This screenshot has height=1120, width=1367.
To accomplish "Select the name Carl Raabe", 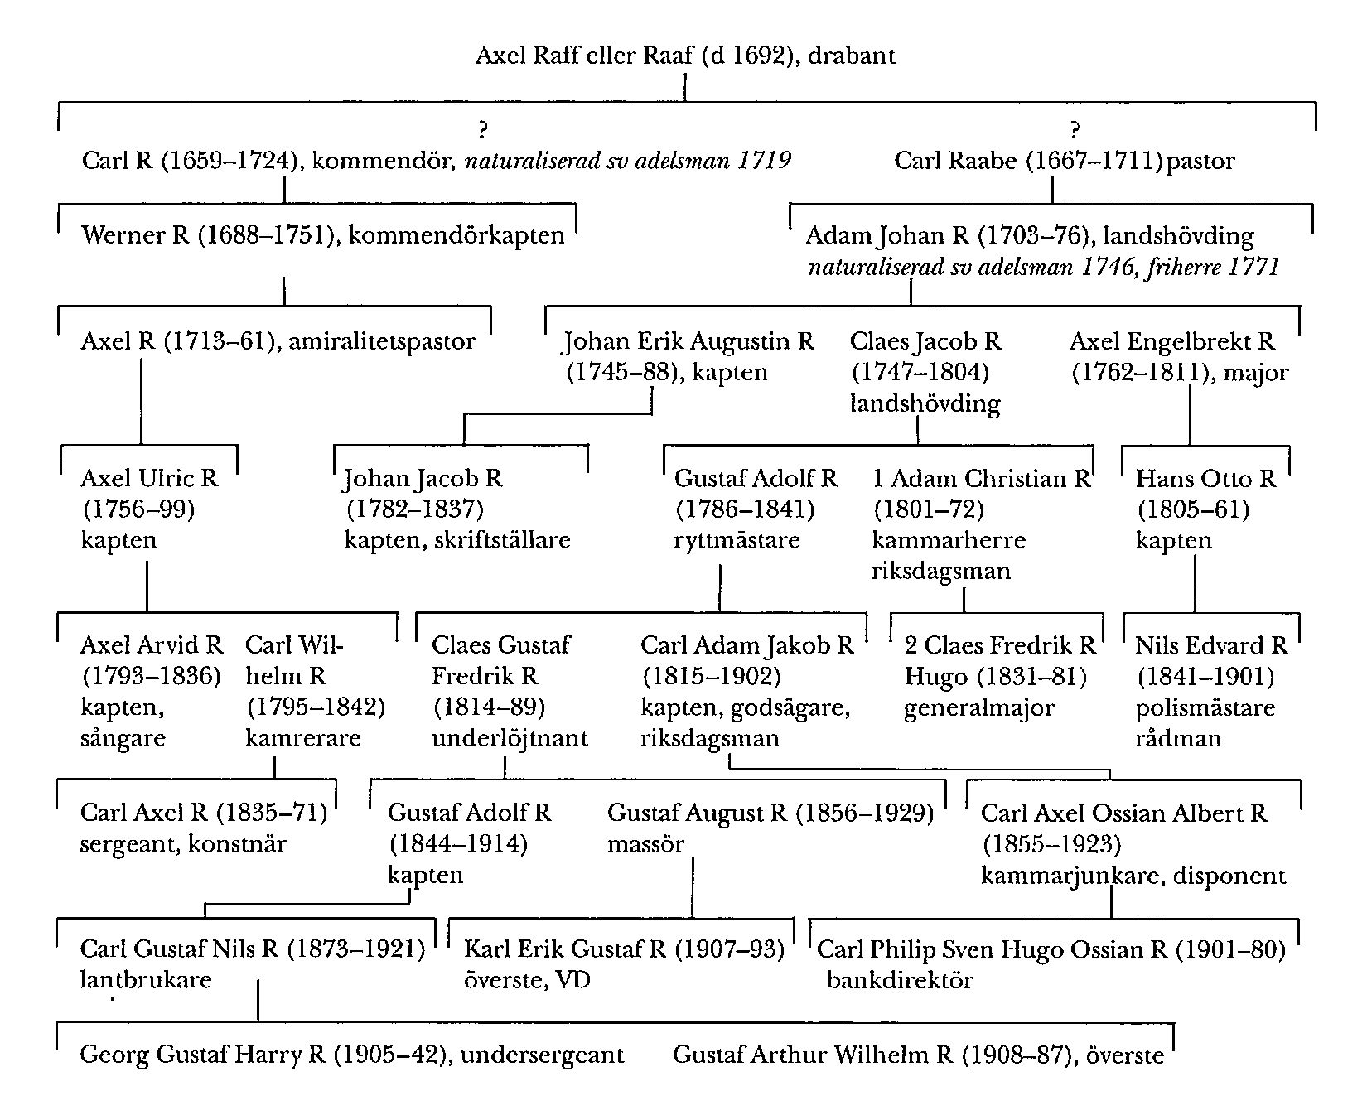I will (x=955, y=161).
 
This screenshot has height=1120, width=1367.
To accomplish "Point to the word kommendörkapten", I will (x=456, y=235).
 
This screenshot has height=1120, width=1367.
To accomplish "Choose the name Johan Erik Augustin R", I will (x=688, y=341).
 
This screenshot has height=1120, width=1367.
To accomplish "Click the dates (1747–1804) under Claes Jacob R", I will (x=920, y=373).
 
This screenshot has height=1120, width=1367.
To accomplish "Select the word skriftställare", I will (x=502, y=540).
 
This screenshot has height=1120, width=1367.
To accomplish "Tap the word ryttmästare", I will (x=737, y=540).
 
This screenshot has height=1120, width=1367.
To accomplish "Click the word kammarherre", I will (x=949, y=540).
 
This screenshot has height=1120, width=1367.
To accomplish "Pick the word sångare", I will (x=123, y=738).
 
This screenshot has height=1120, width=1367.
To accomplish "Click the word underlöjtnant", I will (x=510, y=738).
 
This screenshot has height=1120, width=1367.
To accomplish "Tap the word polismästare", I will (x=1205, y=708).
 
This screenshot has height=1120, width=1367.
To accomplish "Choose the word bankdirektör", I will (x=900, y=980).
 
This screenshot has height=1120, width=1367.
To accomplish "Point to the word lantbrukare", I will (x=146, y=980).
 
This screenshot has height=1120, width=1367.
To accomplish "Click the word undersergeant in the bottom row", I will (x=542, y=1055).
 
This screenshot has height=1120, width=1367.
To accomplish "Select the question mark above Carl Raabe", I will (x=1075, y=129).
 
